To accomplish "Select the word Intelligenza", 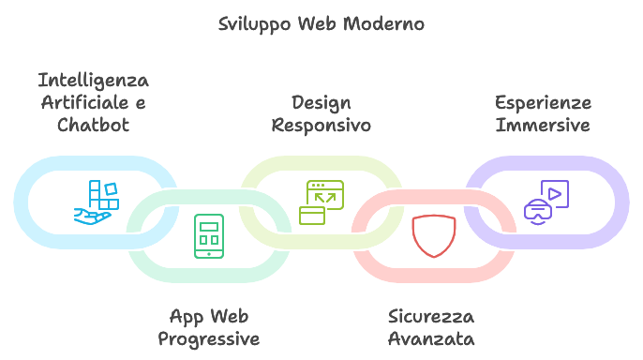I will coord(94,80).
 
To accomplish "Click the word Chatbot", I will coord(93,125).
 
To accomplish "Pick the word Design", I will coord(321,102).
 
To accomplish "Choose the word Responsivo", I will coord(321,125).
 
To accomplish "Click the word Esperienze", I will coord(543,102).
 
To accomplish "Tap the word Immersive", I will coord(543,125).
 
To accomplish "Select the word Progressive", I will coord(208,338).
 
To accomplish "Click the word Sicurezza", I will coord(431,316).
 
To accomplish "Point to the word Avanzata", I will coord(431,338).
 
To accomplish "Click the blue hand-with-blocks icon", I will coord(97,202).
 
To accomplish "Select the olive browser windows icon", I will coord(321,202).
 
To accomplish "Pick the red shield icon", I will coord(433,236).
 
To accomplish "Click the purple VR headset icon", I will coord(538,213).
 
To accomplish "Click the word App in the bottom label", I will coord(187,316).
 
